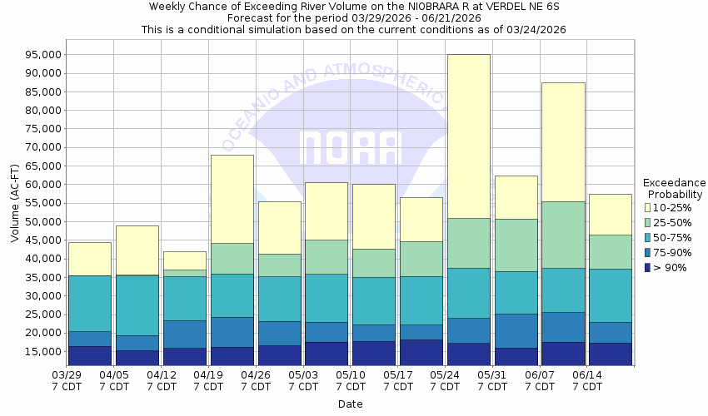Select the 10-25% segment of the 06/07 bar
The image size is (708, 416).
(x=563, y=142)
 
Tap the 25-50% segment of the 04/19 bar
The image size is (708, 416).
(x=232, y=259)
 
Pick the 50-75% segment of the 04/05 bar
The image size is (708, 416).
(x=137, y=305)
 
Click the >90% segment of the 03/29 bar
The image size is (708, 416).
(x=90, y=355)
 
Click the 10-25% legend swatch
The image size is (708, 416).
(x=649, y=207)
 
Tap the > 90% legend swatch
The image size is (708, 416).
(x=649, y=267)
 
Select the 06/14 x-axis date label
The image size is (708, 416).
(x=588, y=375)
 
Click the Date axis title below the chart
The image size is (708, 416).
(x=350, y=404)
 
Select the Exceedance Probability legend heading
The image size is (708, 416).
(x=674, y=188)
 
